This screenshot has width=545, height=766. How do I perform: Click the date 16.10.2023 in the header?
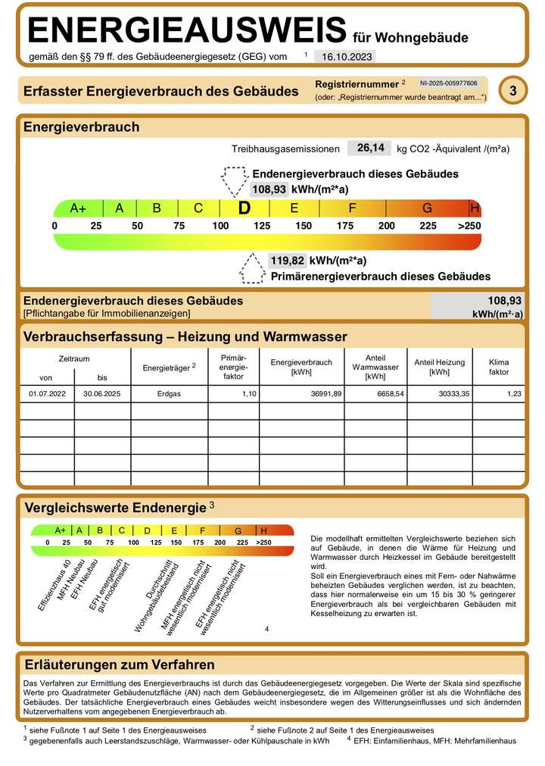pyautogui.click(x=344, y=56)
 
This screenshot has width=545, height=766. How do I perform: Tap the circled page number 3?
pyautogui.click(x=513, y=91)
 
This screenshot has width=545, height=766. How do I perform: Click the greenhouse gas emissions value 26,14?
pyautogui.click(x=369, y=148)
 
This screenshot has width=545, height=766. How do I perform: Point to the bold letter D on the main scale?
pyautogui.click(x=244, y=208)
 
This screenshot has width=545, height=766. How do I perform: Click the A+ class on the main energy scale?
pyautogui.click(x=78, y=208)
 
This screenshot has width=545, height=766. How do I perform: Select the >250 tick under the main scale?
pyautogui.click(x=469, y=226)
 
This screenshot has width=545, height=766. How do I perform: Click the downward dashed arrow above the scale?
pyautogui.click(x=235, y=180)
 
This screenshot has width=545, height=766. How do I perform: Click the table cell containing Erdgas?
pyautogui.click(x=169, y=394)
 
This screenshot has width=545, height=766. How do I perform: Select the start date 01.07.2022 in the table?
pyautogui.click(x=47, y=394)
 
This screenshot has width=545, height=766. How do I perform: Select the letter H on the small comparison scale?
pyautogui.click(x=263, y=530)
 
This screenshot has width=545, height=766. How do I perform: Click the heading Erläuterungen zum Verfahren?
pyautogui.click(x=120, y=664)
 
